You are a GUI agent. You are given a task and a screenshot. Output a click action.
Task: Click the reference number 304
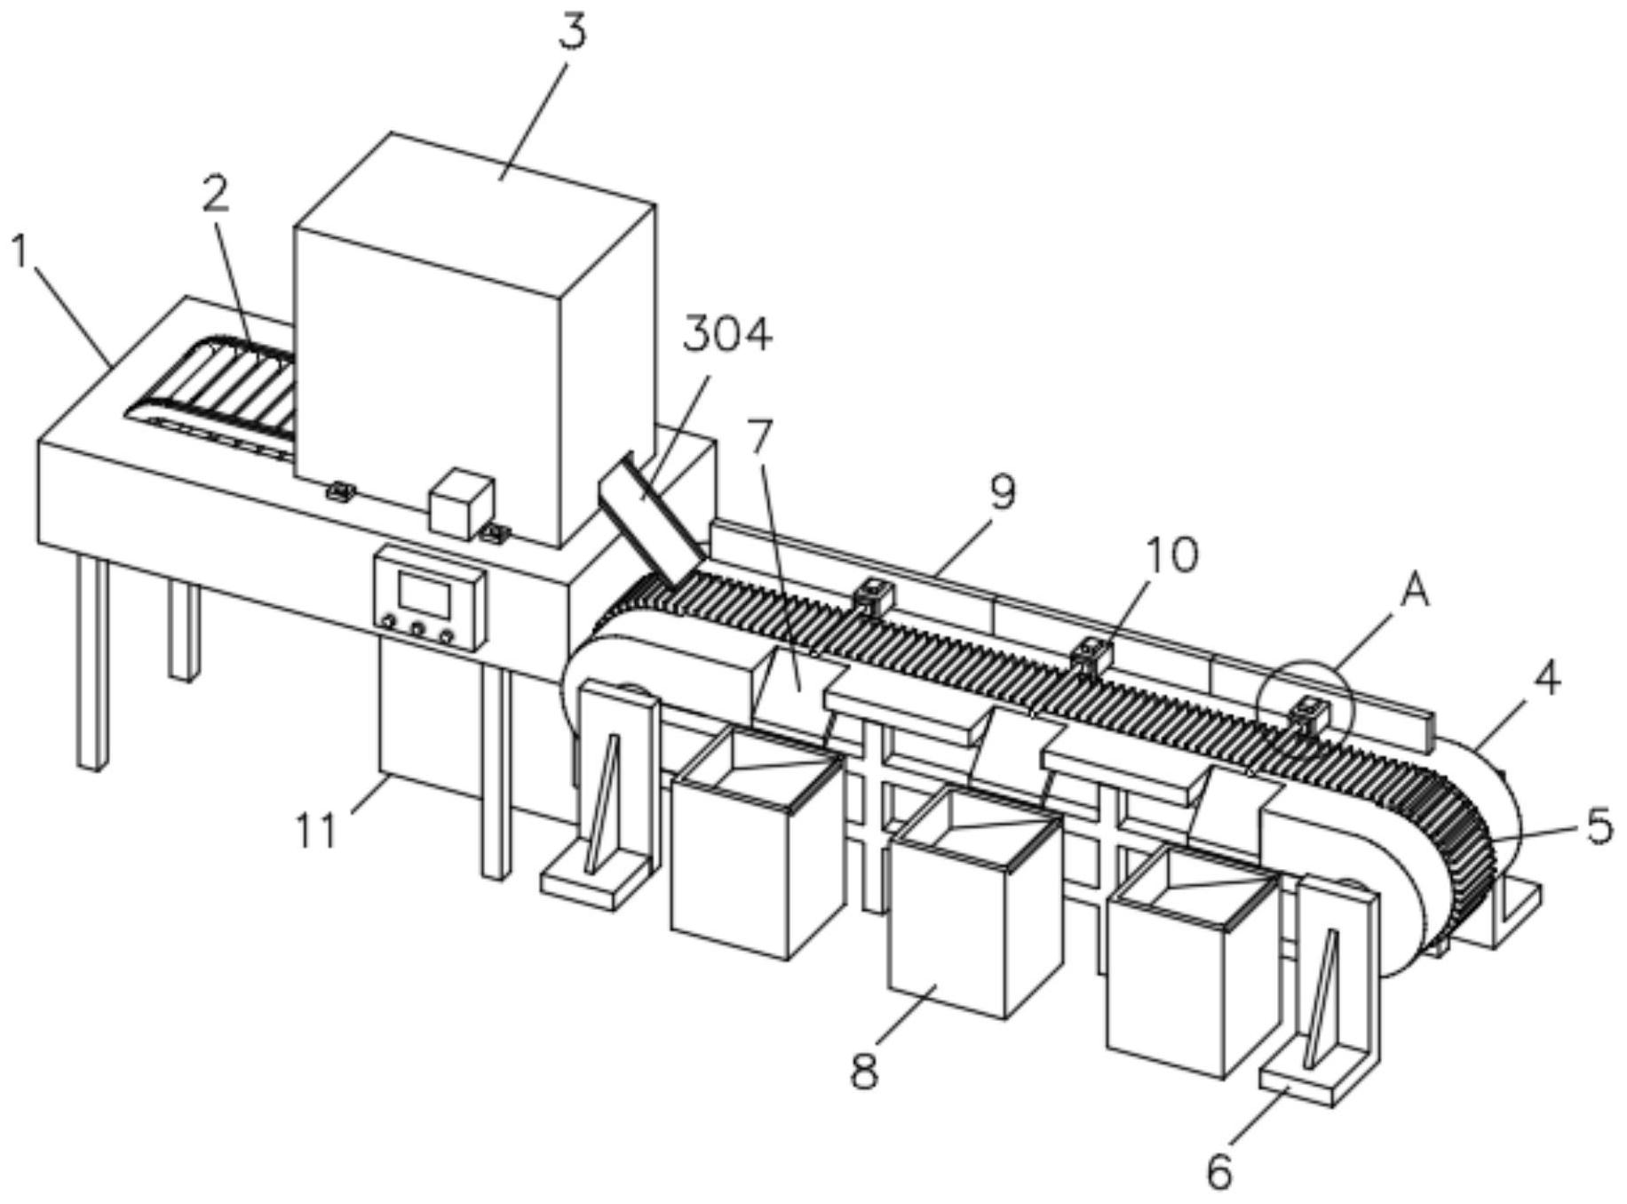point(727,336)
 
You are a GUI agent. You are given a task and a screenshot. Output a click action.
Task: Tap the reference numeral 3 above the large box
point(573,33)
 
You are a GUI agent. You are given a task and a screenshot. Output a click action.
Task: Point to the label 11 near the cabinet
point(317,832)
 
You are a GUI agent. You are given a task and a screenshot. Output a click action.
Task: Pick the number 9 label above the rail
point(1003,491)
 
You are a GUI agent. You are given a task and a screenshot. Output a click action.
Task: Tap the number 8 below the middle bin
point(864,1072)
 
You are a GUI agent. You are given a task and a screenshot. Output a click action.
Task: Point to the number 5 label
point(1599,827)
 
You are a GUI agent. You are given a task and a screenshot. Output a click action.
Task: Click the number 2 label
point(216,194)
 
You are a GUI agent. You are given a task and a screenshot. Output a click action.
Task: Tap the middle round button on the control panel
point(417,630)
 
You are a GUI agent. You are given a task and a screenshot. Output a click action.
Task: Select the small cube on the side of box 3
point(461,504)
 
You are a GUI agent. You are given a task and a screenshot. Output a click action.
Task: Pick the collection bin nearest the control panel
point(757,840)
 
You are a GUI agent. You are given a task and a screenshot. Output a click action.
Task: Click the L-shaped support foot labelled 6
point(1321,1001)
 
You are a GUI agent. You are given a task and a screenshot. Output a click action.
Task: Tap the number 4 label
point(1547,680)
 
